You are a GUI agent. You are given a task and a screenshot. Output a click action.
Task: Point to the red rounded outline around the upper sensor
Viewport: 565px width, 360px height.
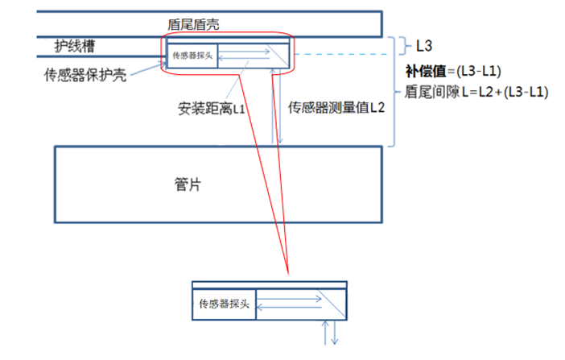(166, 56)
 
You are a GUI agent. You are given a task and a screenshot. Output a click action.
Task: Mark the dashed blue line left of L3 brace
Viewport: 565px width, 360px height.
(346, 55)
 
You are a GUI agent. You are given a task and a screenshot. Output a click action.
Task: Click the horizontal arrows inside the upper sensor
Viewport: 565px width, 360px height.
(241, 56)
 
